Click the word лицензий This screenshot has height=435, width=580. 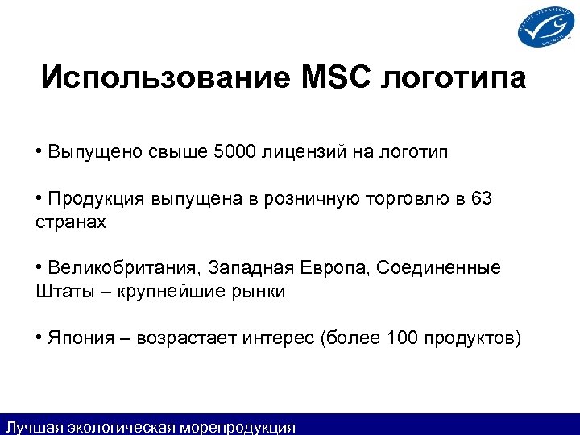(x=307, y=151)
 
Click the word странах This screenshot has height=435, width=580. (x=70, y=222)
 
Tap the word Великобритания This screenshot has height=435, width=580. (x=125, y=267)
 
